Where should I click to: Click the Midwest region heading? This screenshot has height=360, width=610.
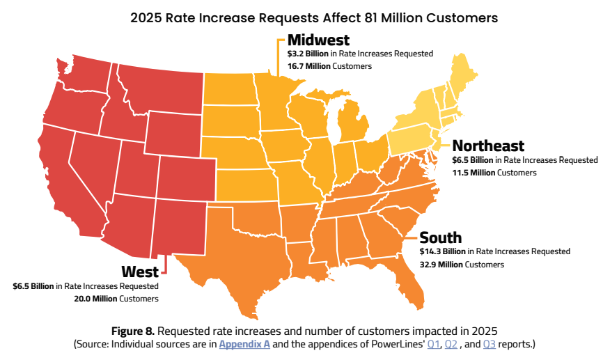coord(318,40)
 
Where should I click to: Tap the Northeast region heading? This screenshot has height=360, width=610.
coord(488,146)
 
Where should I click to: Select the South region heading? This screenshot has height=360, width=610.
coord(440,237)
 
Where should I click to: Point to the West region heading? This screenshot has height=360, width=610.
coord(140,272)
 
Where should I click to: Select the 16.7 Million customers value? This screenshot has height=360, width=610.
coord(309,66)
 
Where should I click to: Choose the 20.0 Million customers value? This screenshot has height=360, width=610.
coord(95,299)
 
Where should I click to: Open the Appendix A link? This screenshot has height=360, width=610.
coord(244,344)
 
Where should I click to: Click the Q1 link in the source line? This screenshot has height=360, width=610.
coord(433,344)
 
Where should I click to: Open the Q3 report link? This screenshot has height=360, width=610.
coord(490,344)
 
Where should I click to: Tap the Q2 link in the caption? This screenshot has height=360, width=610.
coord(451,344)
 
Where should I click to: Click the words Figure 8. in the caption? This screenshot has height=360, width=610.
coord(133,331)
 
